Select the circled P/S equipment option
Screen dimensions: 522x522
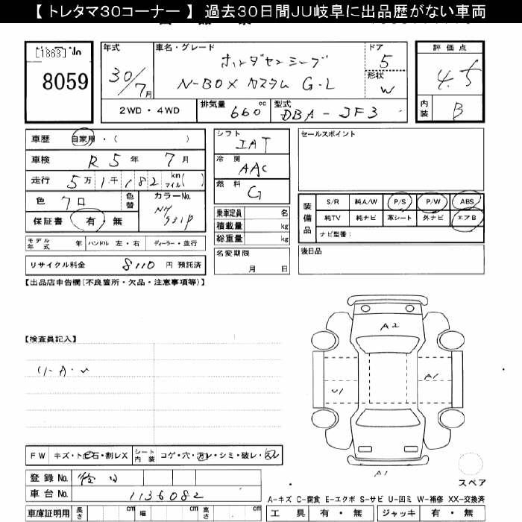400,201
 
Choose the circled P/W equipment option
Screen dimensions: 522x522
433,201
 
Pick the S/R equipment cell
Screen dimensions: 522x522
333,201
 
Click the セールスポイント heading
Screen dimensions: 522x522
328,135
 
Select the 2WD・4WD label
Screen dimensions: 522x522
149,110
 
